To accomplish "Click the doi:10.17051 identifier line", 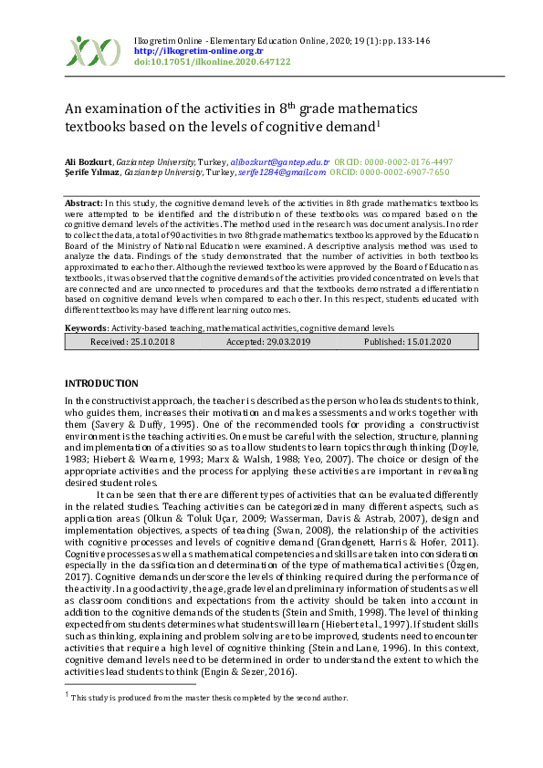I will [x=212, y=62].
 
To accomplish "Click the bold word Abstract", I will [x=84, y=202].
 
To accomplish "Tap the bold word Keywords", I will [x=86, y=327].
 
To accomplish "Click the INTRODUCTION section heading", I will [x=101, y=383].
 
